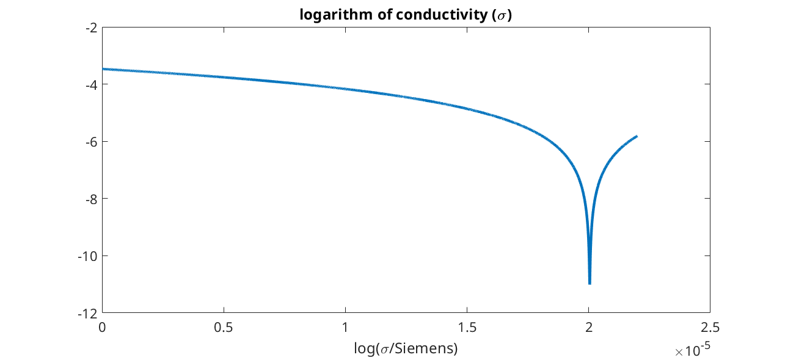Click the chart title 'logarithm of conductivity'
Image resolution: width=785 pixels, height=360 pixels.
(405, 15)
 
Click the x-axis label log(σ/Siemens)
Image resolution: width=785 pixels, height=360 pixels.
(406, 349)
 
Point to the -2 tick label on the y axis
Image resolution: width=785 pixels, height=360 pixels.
(92, 28)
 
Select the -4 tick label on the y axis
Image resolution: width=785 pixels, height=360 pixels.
(92, 84)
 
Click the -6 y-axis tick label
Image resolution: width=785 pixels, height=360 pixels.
(92, 142)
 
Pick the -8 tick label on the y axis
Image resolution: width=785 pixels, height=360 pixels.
(92, 199)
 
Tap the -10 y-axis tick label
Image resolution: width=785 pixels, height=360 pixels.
(89, 255)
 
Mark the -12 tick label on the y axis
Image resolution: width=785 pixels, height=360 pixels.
(89, 313)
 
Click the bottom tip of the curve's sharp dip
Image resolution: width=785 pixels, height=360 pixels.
(590, 283)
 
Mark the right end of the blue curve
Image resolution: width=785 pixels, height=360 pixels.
(637, 136)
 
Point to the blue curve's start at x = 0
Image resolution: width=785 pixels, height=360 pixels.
(103, 69)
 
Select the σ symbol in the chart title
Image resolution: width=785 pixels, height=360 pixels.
(502, 16)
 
